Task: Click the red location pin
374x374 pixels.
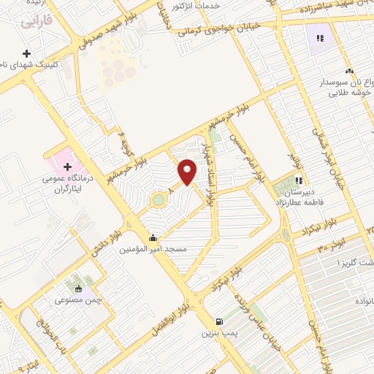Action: tap(188, 171)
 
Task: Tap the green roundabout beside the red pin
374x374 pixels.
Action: tap(158, 199)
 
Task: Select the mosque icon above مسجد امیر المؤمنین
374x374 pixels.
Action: tap(153, 237)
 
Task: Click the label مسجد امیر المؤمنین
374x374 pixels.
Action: tap(154, 249)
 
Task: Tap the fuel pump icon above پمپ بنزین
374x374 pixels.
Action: tap(218, 322)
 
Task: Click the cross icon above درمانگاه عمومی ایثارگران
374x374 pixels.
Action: tap(67, 167)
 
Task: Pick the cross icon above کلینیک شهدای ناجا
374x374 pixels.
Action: tap(27, 54)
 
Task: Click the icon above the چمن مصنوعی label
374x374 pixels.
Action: tap(78, 289)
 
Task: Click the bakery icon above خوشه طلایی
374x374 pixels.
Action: tap(350, 71)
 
